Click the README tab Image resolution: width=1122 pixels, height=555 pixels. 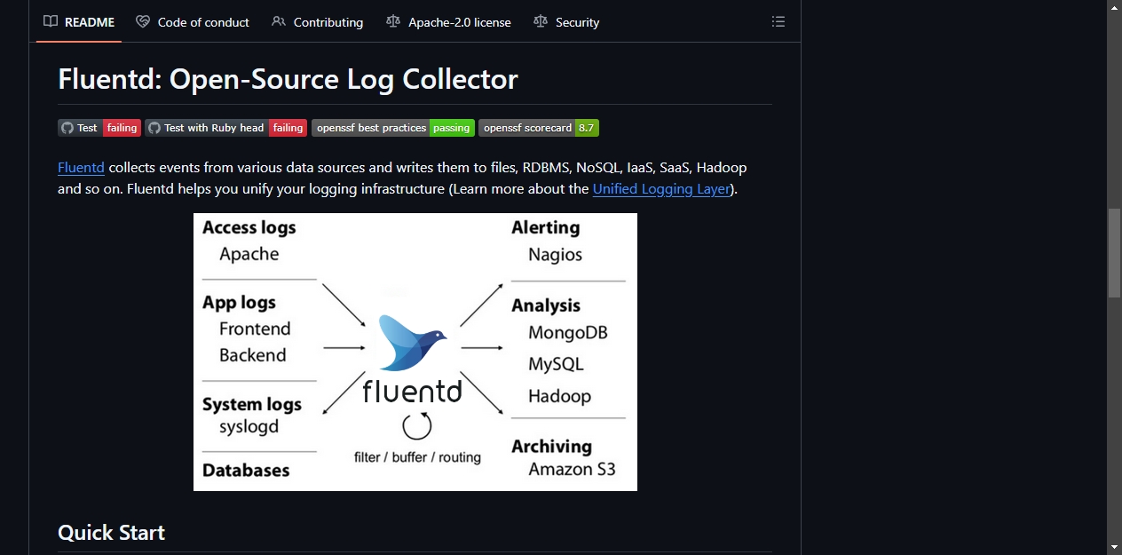(79, 22)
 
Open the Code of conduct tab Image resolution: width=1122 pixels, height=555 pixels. (193, 22)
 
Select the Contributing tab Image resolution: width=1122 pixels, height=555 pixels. (318, 22)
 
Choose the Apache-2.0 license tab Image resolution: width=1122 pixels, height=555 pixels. (449, 22)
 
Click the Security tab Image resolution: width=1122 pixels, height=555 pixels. (566, 22)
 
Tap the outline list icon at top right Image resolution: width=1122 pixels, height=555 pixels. (778, 21)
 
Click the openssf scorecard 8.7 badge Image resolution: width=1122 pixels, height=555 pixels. (539, 128)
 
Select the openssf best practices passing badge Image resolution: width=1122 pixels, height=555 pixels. (392, 128)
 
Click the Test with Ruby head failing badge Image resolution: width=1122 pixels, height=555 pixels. (225, 128)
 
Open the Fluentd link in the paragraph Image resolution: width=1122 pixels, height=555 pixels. (81, 167)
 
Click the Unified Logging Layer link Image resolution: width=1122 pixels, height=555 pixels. (661, 189)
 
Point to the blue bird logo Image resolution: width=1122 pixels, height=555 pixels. (412, 343)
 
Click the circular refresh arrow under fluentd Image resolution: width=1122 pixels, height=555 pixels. (416, 425)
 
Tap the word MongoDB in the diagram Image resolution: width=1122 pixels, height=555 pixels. (568, 333)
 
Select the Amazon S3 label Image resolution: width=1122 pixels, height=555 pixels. (572, 470)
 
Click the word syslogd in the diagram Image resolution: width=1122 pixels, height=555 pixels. (249, 427)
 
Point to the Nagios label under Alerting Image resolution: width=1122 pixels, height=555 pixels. (555, 255)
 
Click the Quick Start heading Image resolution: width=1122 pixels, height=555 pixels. (111, 533)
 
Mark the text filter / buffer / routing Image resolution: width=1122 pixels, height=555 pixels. (417, 457)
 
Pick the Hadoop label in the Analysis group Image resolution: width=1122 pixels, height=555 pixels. (559, 396)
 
